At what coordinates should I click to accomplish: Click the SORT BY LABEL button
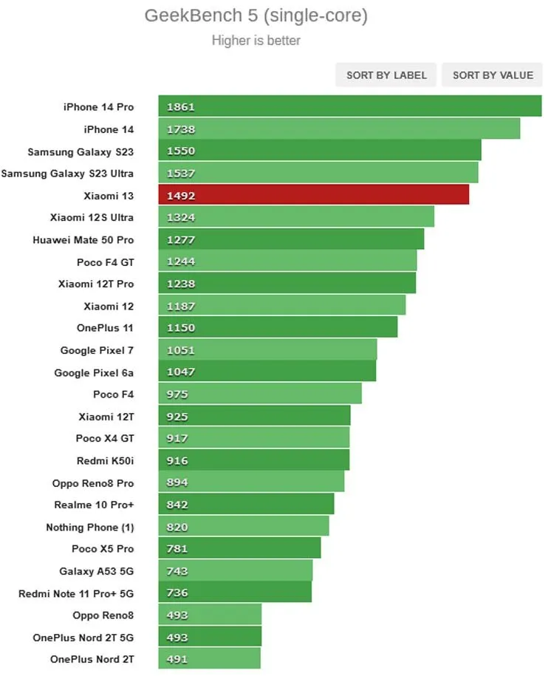386,75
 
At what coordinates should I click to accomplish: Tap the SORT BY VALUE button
493,75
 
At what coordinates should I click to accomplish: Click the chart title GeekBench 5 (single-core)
256,16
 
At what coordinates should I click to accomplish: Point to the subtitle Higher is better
256,40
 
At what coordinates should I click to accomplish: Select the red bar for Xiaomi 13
313,195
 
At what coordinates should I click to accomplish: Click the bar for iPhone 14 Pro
349,106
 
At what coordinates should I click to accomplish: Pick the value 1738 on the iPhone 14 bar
181,129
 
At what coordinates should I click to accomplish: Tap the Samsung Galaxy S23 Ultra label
67,174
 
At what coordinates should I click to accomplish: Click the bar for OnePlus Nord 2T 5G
210,637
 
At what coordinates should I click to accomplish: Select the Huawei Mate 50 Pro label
83,240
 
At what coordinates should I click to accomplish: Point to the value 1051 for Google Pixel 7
181,350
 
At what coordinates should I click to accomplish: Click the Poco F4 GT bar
287,262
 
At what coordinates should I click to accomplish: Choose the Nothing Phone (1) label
90,528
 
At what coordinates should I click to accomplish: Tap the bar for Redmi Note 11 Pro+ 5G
235,593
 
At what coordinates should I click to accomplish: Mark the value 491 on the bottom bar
177,659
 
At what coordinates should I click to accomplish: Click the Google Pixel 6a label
94,373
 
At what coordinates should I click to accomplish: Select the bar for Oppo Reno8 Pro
251,482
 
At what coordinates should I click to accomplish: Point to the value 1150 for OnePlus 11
181,327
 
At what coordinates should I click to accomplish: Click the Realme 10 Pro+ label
94,505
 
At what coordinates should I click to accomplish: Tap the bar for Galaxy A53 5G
236,570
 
